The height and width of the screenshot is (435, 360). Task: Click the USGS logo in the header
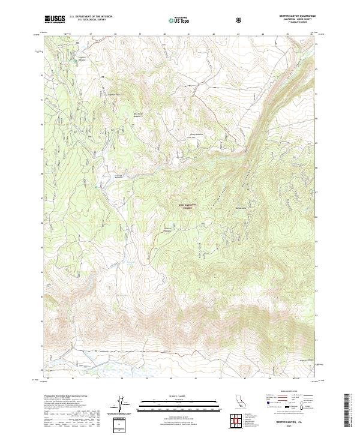click(55, 19)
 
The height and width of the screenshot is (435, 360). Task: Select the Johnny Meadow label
click(196, 134)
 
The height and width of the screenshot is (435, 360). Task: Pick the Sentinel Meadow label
click(169, 229)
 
